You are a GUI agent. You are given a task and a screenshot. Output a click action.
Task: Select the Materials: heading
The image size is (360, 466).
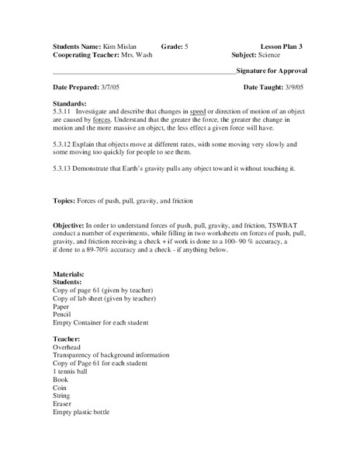click(x=71, y=273)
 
